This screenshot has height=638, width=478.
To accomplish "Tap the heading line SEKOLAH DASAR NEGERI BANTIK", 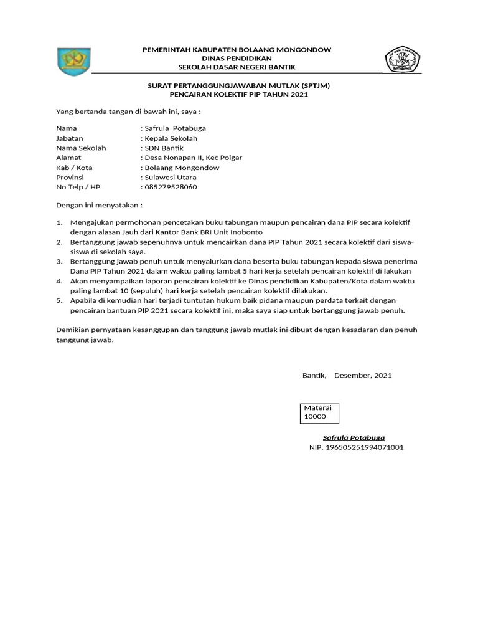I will coord(237,67).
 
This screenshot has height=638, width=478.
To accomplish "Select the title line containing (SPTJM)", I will coord(239,85).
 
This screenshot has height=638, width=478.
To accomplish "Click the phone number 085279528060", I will coord(171,187).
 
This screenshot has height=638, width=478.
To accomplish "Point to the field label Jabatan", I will coord(70,138).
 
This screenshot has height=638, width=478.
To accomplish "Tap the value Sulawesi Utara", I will coord(170,178).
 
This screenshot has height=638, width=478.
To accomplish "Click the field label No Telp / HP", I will coord(78,187).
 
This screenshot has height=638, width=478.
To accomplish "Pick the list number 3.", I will coord(60,262).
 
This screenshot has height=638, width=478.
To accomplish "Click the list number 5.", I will coord(60,301).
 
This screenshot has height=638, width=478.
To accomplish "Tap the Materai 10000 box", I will coord(319,412).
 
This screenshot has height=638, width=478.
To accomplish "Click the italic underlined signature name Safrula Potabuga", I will coord(354,437).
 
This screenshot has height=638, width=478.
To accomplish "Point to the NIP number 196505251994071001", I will coord(357,447).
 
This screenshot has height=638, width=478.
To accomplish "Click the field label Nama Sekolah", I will coord(81,148).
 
